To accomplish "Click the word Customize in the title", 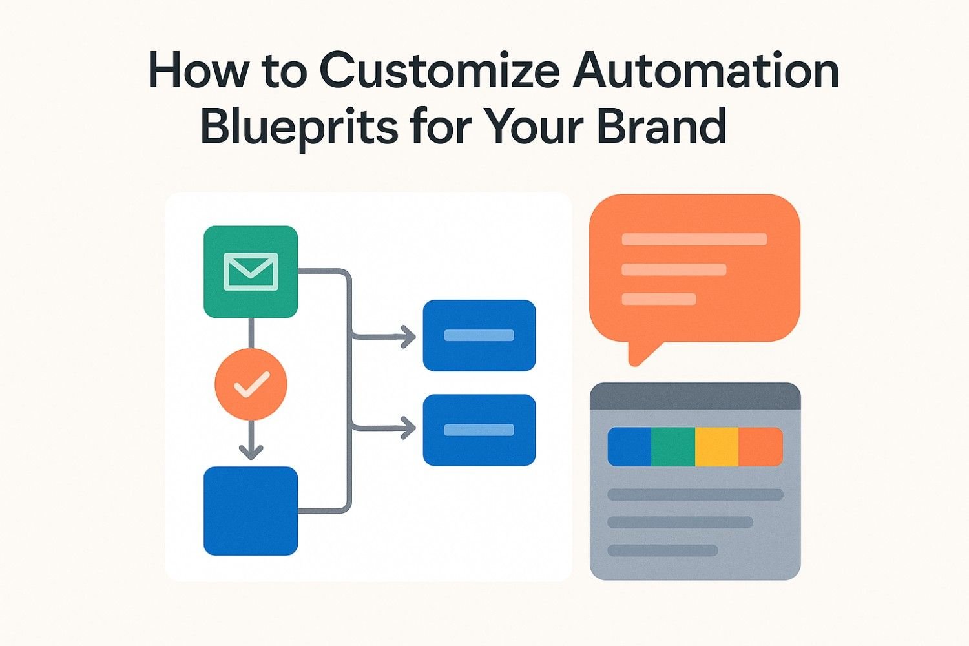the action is click(x=439, y=70).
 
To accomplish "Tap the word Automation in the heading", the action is click(x=706, y=70).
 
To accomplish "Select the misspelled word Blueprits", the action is click(x=299, y=127).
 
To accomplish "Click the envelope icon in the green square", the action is click(x=251, y=272).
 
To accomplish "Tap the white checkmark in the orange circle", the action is click(x=252, y=384).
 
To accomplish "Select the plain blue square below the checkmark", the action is click(x=251, y=510).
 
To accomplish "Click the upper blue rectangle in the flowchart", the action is click(x=479, y=335).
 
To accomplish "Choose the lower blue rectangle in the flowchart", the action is click(x=479, y=430).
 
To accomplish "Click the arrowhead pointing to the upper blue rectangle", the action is click(x=408, y=336).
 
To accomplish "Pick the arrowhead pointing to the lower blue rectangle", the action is click(x=408, y=428).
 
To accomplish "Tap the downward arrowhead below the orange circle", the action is click(x=251, y=452).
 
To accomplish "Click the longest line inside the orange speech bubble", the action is click(x=694, y=239).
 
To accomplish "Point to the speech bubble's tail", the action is click(x=642, y=353).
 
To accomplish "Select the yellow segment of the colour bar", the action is click(x=717, y=446).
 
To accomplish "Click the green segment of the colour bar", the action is click(x=673, y=446).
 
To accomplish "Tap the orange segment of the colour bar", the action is click(x=761, y=446).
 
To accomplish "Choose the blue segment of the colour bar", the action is click(x=629, y=446).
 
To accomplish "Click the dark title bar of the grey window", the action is click(x=695, y=396).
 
